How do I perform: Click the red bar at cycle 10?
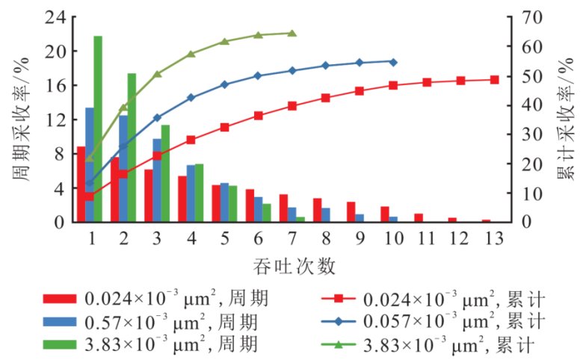(x=384, y=214)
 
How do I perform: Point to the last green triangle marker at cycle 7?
(x=292, y=33)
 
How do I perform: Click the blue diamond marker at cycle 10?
(x=393, y=61)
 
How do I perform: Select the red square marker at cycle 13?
(x=494, y=79)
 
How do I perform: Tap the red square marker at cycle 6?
(x=259, y=115)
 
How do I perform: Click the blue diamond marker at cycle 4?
(x=191, y=97)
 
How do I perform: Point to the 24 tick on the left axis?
(x=59, y=17)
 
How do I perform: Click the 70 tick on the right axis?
(x=524, y=17)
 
